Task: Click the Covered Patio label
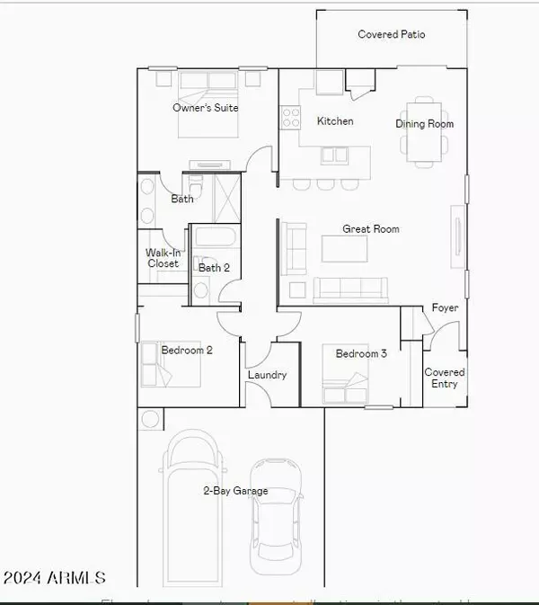click(391, 35)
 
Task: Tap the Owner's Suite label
click(206, 108)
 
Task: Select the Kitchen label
click(335, 121)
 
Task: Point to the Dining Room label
click(424, 124)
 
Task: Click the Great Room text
click(370, 229)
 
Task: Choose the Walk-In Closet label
click(163, 259)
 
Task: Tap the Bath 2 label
click(214, 268)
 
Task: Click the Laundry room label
click(266, 375)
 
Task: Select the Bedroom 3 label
click(361, 354)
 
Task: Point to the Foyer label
click(445, 308)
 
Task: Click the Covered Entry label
click(445, 378)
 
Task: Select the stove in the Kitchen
click(291, 117)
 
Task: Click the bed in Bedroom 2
click(171, 362)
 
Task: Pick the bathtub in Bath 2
click(215, 240)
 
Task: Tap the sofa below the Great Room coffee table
click(350, 288)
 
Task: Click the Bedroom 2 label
click(187, 351)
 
